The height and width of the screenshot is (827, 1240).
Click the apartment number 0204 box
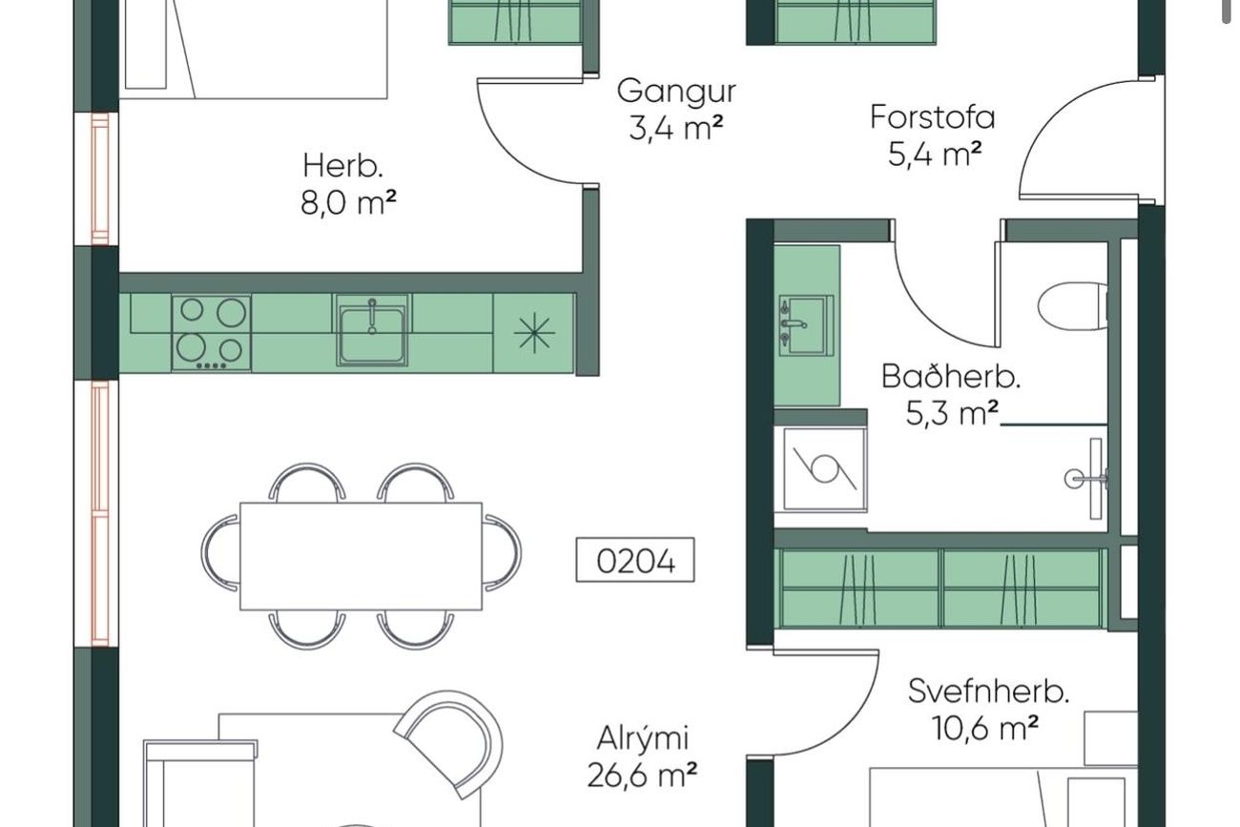pyautogui.click(x=635, y=560)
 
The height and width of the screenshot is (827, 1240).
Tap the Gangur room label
pyautogui.click(x=676, y=92)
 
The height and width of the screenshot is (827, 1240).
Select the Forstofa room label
pyautogui.click(x=932, y=117)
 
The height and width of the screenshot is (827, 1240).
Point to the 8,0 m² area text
pyautogui.click(x=349, y=202)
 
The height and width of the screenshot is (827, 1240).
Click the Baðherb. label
pyautogui.click(x=951, y=377)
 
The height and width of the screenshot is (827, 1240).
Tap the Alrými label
pyautogui.click(x=643, y=738)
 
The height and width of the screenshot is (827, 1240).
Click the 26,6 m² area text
pyautogui.click(x=642, y=775)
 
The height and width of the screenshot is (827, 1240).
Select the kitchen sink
pyautogui.click(x=372, y=330)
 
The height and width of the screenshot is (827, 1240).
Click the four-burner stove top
pyautogui.click(x=211, y=333)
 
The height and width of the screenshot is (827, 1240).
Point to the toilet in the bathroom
pyautogui.click(x=1073, y=306)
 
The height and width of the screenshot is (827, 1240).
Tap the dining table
pyautogui.click(x=361, y=556)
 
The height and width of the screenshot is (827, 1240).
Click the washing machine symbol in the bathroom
pyautogui.click(x=824, y=469)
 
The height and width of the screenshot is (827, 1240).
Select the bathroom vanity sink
pyautogui.click(x=806, y=325)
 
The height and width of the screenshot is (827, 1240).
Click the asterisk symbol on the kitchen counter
pyautogui.click(x=533, y=333)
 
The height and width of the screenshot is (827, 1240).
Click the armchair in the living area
pyautogui.click(x=449, y=744)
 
